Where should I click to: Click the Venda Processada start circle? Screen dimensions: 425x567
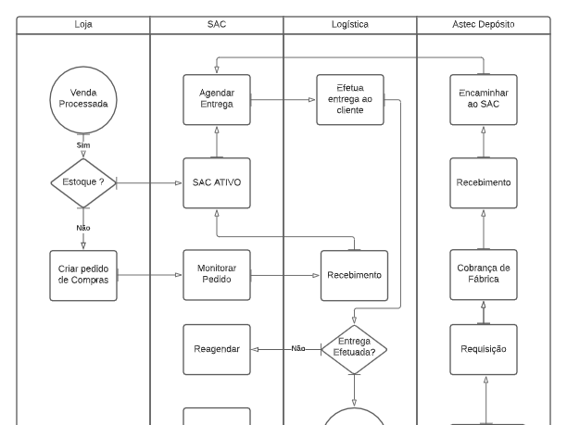pos(83,98)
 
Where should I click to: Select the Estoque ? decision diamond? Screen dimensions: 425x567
pos(83,182)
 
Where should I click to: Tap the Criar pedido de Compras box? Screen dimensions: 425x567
pos(83,275)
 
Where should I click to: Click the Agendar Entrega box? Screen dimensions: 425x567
pos(216,99)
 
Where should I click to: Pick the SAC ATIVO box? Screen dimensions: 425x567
pos(216,182)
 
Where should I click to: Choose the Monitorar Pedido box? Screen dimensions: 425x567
pos(216,275)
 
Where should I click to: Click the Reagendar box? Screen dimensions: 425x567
pos(216,349)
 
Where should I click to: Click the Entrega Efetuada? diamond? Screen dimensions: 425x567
pos(353,349)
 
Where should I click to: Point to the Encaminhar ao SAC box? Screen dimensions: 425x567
pos(482,99)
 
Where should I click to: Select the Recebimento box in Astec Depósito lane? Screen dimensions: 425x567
pos(482,182)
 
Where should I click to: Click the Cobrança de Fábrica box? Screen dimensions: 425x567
pos(482,275)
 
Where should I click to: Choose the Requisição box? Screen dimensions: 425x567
pos(482,349)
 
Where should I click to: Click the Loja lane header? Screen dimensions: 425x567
pos(83,25)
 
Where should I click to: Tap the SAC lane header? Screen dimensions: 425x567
pos(216,25)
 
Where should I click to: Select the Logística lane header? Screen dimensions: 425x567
pos(349,25)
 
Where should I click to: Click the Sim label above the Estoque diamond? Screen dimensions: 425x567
pos(83,146)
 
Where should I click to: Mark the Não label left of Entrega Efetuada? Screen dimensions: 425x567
pos(298,349)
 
